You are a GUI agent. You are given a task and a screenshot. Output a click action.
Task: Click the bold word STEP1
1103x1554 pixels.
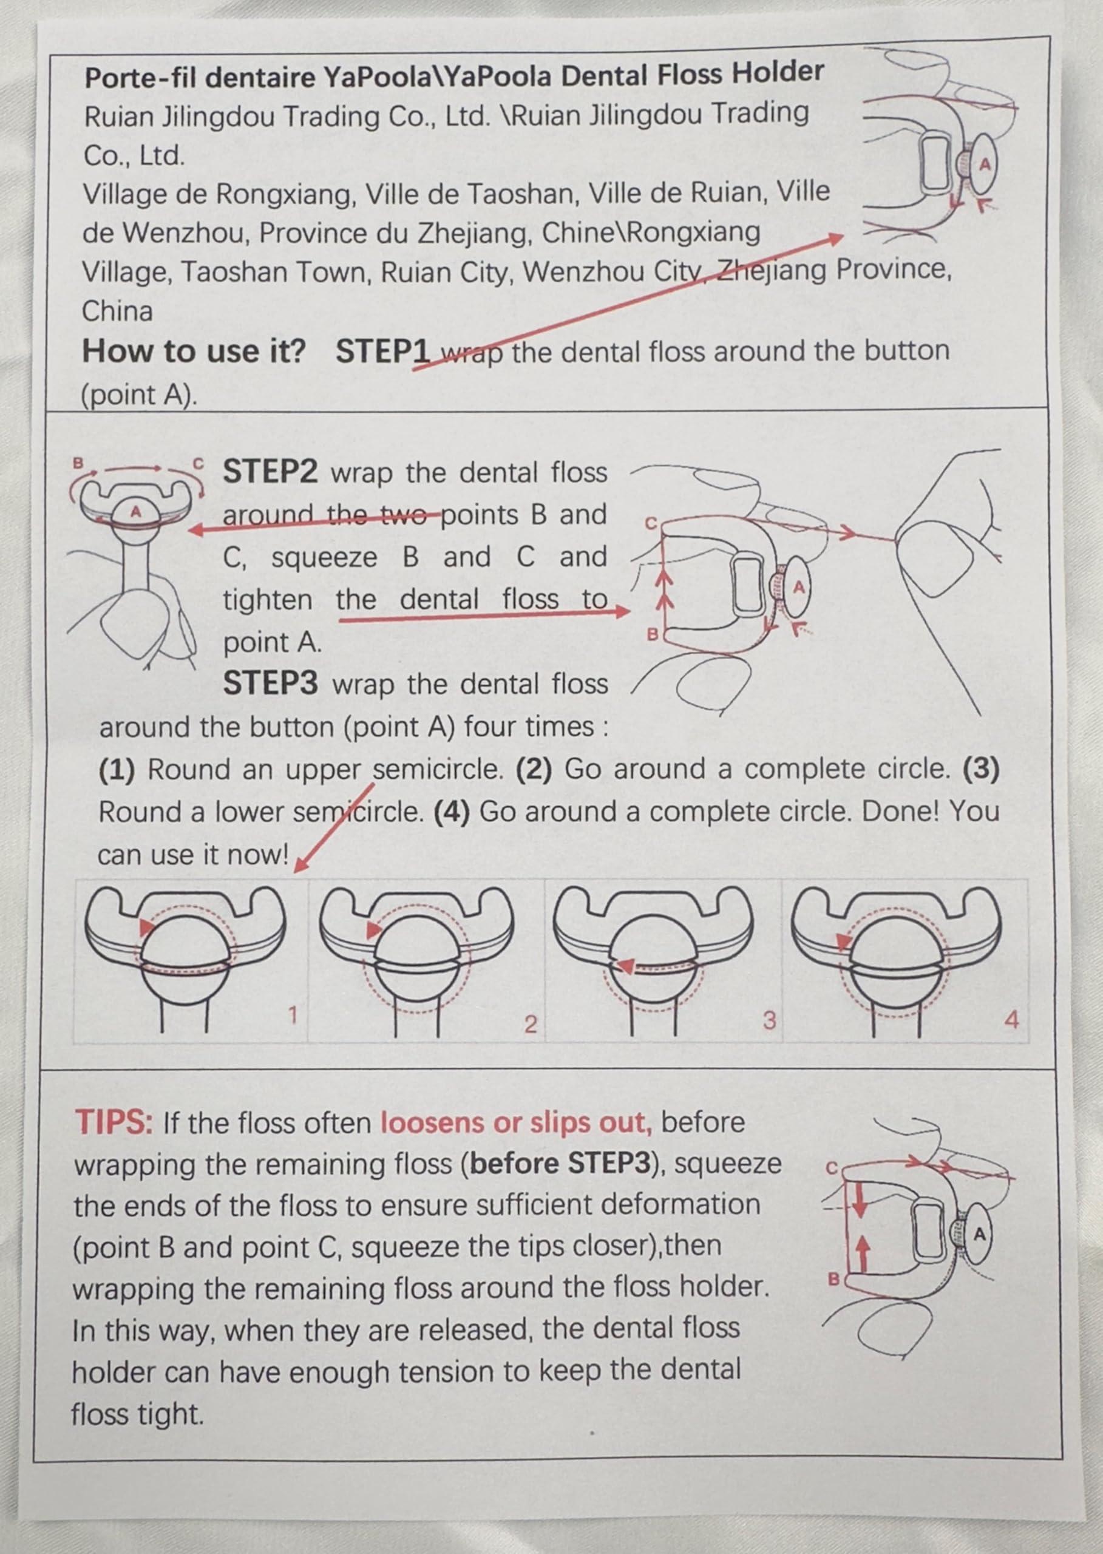tap(383, 351)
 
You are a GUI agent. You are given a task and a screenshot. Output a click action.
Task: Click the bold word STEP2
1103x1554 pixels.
tap(270, 472)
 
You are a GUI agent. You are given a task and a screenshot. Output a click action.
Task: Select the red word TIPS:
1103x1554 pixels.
tap(114, 1122)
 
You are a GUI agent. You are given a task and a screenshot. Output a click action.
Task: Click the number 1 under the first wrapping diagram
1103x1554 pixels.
tap(293, 1016)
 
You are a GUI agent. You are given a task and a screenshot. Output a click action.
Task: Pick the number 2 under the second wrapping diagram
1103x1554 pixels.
tap(531, 1024)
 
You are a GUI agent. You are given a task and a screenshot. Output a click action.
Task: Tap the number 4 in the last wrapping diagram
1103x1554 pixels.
tap(1011, 1019)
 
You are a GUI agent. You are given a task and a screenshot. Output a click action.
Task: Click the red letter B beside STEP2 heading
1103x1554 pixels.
tap(78, 463)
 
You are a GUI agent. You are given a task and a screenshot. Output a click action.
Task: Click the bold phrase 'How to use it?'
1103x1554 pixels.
tap(194, 351)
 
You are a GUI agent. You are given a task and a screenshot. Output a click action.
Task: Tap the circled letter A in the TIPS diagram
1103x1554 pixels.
tap(979, 1235)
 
